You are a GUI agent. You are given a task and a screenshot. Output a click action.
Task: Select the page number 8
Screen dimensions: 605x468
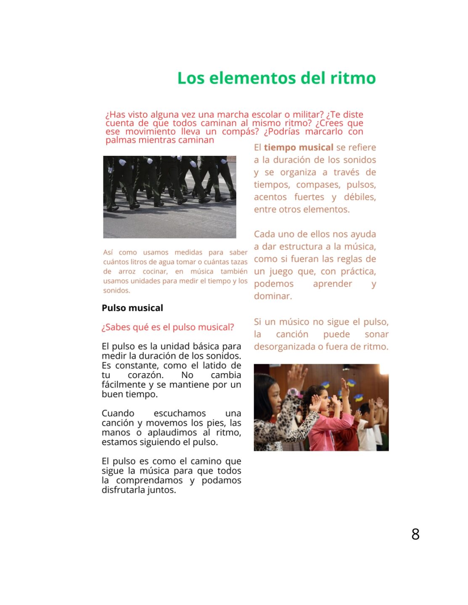(x=415, y=534)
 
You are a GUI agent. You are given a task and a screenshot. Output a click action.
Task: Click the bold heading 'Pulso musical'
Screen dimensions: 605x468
(x=132, y=308)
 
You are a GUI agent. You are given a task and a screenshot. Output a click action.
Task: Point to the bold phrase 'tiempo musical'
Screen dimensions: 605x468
(x=299, y=147)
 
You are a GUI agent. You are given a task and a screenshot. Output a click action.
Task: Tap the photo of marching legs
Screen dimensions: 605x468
(x=169, y=197)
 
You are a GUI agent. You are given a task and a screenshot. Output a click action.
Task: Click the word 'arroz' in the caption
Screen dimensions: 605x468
(x=127, y=271)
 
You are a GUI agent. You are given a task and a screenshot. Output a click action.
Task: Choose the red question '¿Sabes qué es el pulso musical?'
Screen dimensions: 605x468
(x=167, y=327)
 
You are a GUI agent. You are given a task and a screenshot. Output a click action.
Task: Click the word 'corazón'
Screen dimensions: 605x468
(x=145, y=375)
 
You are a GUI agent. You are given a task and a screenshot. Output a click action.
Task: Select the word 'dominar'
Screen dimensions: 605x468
(x=272, y=296)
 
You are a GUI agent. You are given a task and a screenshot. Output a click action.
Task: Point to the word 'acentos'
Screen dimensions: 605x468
(x=270, y=197)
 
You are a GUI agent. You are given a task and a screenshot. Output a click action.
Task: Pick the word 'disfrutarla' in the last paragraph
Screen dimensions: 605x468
(x=123, y=490)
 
